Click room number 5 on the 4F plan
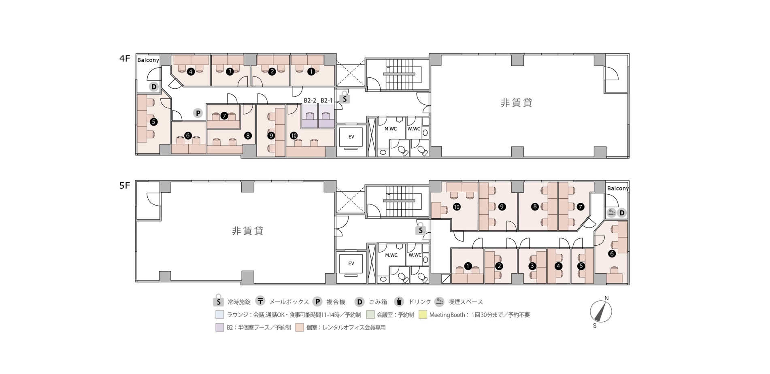click(x=153, y=121)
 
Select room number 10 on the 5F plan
click(x=457, y=207)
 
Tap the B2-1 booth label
click(x=326, y=100)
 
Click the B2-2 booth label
click(x=310, y=100)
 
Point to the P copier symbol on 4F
click(x=198, y=113)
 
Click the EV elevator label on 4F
click(x=351, y=137)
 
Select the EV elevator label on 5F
click(x=351, y=263)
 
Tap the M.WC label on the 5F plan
click(x=391, y=255)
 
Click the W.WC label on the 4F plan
click(x=414, y=129)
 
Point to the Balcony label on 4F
click(x=148, y=60)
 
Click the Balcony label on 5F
click(x=618, y=188)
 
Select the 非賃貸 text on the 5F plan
click(x=248, y=231)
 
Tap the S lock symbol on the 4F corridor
click(x=344, y=97)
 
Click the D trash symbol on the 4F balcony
click(x=154, y=87)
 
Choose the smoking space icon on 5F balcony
click(x=611, y=212)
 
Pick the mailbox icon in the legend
click(x=261, y=301)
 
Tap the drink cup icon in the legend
click(x=399, y=301)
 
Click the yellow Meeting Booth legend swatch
click(x=423, y=314)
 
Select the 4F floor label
click(x=124, y=59)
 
